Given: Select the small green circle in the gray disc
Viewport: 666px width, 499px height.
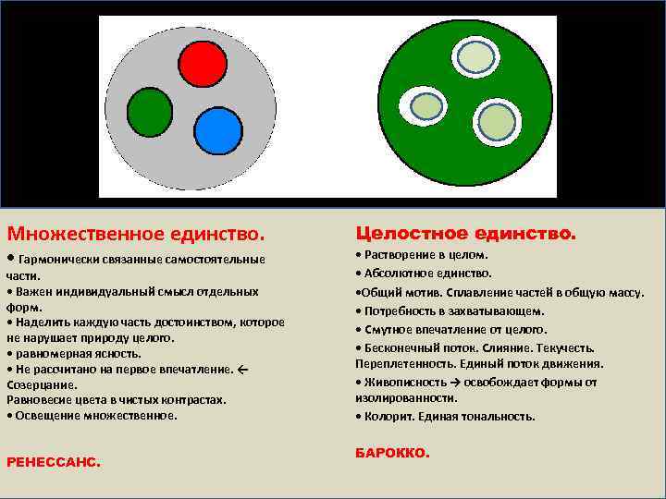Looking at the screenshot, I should pos(149,112).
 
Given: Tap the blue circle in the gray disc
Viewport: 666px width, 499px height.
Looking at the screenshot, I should pos(217,130).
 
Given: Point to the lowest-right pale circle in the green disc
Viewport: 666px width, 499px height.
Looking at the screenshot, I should pos(498,121).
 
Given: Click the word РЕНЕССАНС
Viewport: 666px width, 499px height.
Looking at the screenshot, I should pos(54,460).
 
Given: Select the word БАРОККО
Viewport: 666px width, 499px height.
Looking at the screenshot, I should pos(392,453).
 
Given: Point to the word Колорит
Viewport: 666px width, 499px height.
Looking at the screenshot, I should pos(389,416).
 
